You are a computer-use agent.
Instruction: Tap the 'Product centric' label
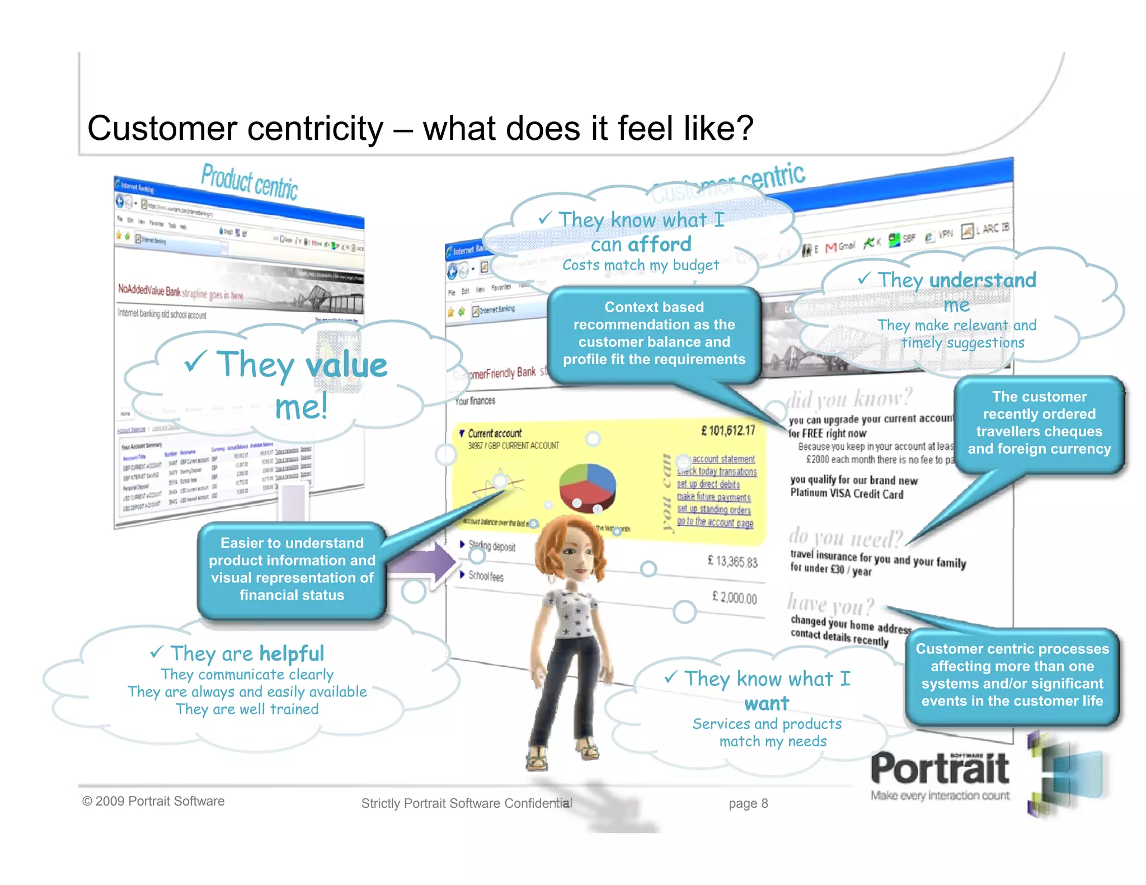[249, 182]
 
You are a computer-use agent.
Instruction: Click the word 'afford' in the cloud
[660, 244]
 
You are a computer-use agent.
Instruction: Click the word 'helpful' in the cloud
[292, 653]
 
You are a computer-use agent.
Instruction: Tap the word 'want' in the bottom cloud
[767, 703]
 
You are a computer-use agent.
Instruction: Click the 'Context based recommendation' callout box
[654, 333]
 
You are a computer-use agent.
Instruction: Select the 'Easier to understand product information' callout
[292, 569]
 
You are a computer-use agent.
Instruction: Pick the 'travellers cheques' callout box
[1039, 423]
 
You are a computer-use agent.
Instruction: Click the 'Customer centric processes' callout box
[1012, 675]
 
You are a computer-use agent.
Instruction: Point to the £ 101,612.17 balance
[728, 430]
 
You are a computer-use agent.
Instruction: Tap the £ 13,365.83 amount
[732, 561]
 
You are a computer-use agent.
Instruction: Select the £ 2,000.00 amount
[734, 597]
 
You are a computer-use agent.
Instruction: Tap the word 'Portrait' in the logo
[940, 769]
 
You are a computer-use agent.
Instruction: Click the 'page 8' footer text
[748, 804]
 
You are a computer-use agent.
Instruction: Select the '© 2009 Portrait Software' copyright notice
[153, 801]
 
